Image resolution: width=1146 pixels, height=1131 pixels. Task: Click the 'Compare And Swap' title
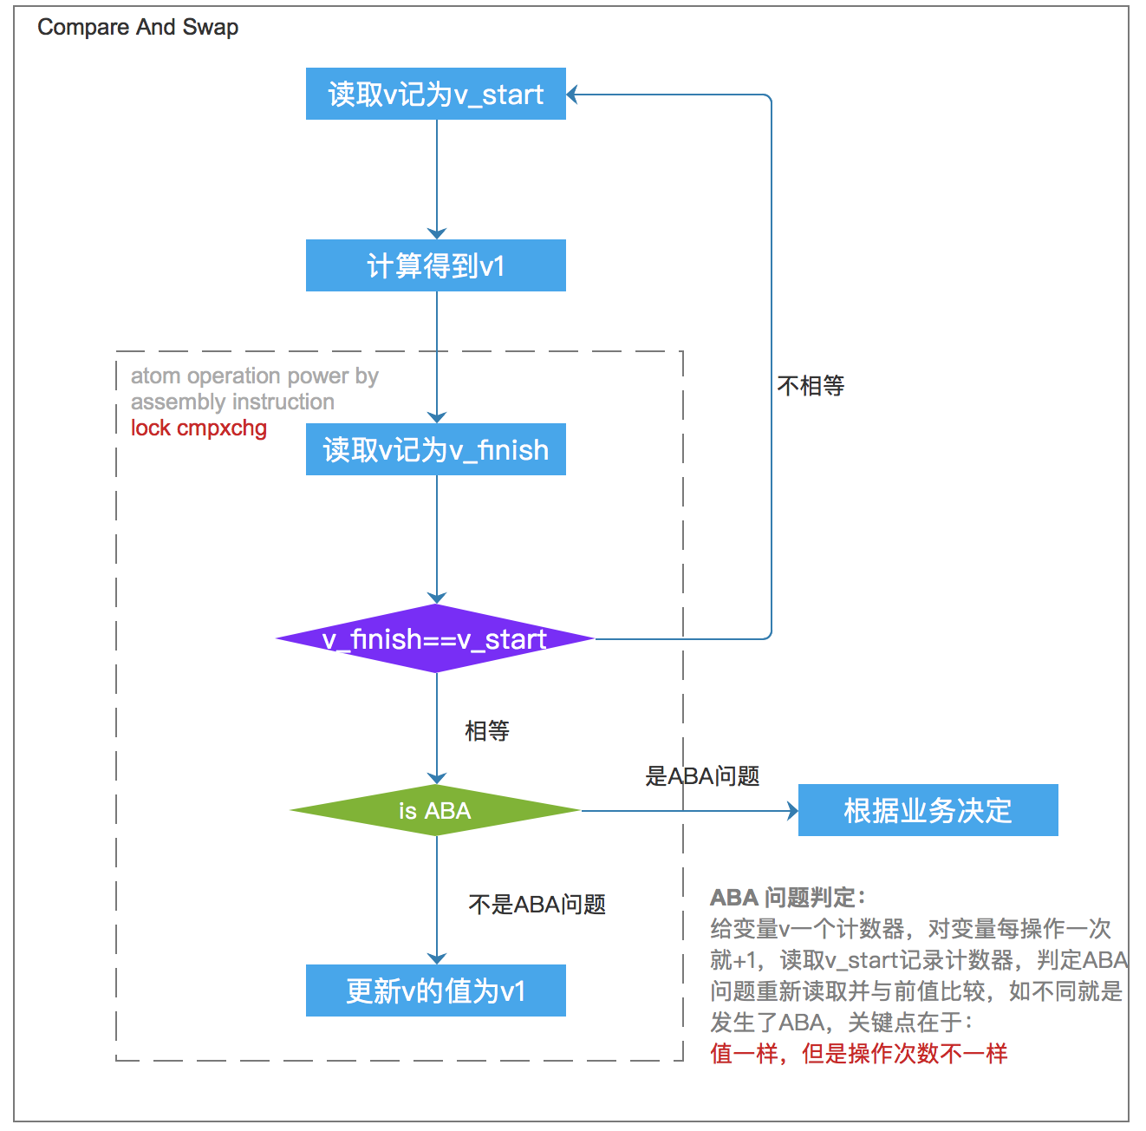point(138,28)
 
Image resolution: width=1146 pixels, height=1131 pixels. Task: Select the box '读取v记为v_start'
point(435,94)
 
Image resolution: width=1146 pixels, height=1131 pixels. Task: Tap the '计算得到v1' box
point(435,265)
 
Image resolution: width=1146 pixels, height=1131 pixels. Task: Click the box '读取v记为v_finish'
point(435,449)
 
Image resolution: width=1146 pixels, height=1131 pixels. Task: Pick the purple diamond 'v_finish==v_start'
point(435,639)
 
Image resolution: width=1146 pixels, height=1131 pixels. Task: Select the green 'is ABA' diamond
point(435,811)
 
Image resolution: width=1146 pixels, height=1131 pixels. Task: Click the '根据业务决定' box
point(928,810)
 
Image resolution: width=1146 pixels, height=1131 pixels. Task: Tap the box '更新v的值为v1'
point(435,990)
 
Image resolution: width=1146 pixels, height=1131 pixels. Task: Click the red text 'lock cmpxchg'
point(199,428)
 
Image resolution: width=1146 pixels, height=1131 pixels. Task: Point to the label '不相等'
point(811,386)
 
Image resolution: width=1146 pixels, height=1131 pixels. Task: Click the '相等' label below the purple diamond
point(486,731)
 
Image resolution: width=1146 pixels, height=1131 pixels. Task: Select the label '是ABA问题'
point(702,776)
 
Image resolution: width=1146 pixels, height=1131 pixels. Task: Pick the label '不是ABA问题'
point(537,905)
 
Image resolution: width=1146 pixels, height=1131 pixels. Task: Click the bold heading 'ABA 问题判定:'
point(787,898)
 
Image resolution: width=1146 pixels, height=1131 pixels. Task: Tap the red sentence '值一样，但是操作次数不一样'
point(858,1054)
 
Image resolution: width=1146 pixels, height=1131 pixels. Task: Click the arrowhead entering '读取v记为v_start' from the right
point(573,95)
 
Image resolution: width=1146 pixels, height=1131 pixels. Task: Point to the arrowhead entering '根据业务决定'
point(792,811)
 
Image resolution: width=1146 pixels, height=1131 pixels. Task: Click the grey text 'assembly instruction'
point(232,402)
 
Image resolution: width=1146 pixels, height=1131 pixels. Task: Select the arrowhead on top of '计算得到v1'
point(437,233)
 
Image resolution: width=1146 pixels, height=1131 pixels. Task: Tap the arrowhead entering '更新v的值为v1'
point(437,958)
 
